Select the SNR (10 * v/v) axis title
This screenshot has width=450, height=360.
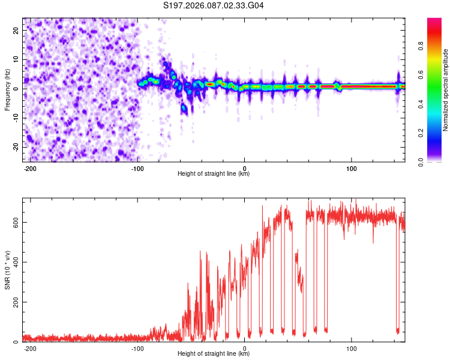[x=7, y=269]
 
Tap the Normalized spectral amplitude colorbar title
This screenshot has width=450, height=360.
[x=446, y=90]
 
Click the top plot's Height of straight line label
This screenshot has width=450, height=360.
[x=214, y=174]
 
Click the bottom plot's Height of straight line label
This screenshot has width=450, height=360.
[x=214, y=354]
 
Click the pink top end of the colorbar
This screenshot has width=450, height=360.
[x=434, y=21]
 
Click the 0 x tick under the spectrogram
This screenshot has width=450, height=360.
[x=245, y=168]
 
